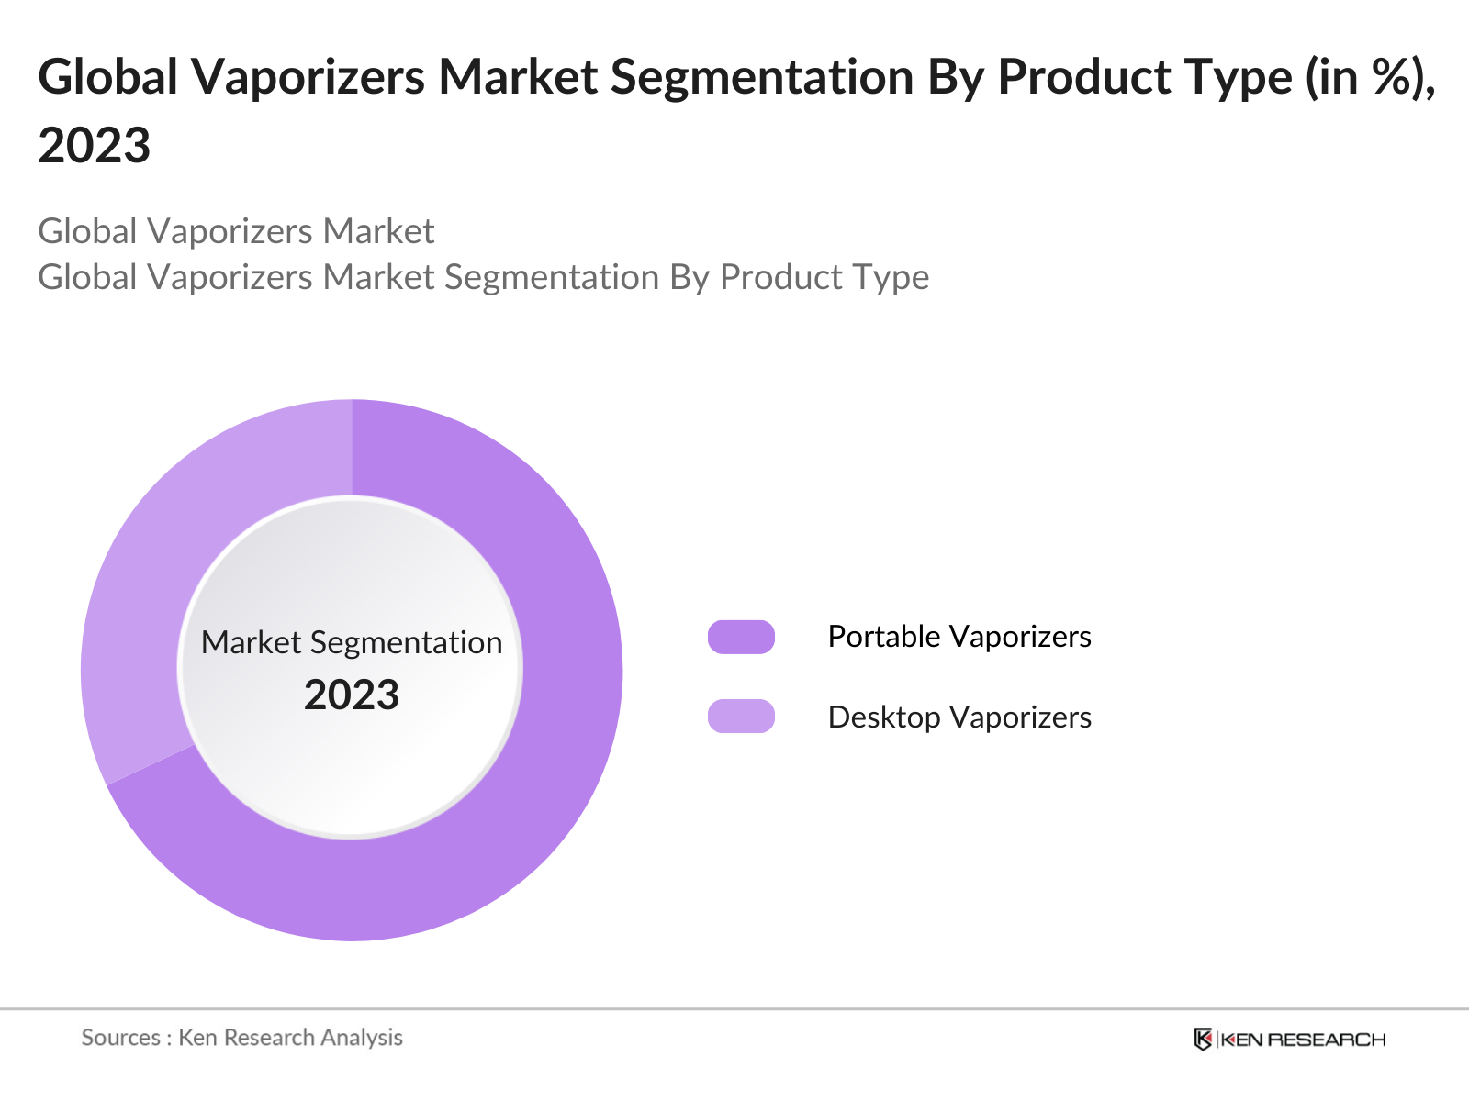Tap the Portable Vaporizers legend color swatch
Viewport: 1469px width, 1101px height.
(x=741, y=637)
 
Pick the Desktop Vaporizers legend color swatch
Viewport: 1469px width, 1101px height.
(x=741, y=717)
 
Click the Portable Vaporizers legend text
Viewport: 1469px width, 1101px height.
(x=959, y=637)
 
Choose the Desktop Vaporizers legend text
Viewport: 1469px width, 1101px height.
(x=959, y=717)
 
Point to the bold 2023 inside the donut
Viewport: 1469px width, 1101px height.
(x=352, y=695)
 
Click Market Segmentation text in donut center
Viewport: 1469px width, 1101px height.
(x=352, y=642)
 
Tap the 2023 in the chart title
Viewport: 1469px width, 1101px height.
(x=95, y=146)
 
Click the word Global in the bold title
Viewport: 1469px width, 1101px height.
(x=107, y=77)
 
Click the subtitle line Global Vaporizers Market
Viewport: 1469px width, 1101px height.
(x=236, y=231)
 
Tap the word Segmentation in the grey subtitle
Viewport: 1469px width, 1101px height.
(x=551, y=277)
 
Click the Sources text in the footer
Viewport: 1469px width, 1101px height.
(x=121, y=1038)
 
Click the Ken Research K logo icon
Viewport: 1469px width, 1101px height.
(x=1203, y=1040)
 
